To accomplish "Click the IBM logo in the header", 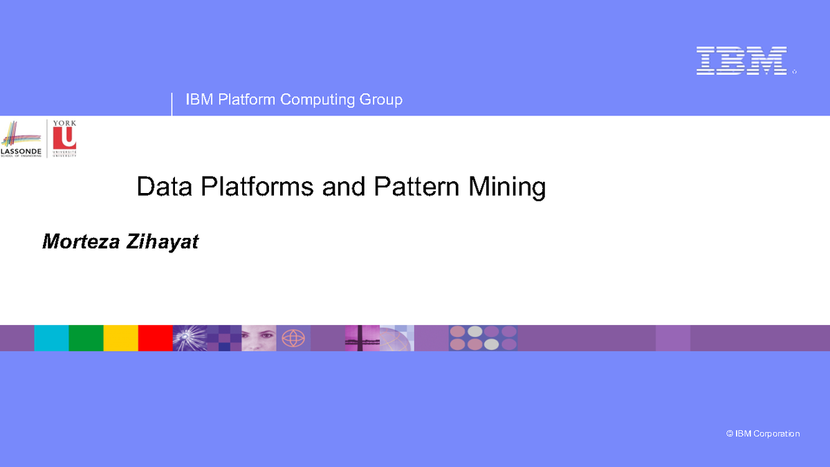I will point(741,60).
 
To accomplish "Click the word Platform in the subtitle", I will point(247,100).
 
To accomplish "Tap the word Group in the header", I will point(380,100).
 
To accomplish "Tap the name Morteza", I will point(81,241).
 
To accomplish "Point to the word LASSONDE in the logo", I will point(21,151).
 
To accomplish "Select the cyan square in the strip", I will point(51,338).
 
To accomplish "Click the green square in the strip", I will point(86,338).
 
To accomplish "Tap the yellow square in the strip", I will point(120,338).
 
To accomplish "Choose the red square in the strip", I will point(155,338).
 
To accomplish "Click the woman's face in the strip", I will point(259,338).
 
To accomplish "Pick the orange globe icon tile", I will point(293,338).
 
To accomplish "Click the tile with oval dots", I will point(483,338).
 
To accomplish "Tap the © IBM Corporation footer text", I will point(763,434).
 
